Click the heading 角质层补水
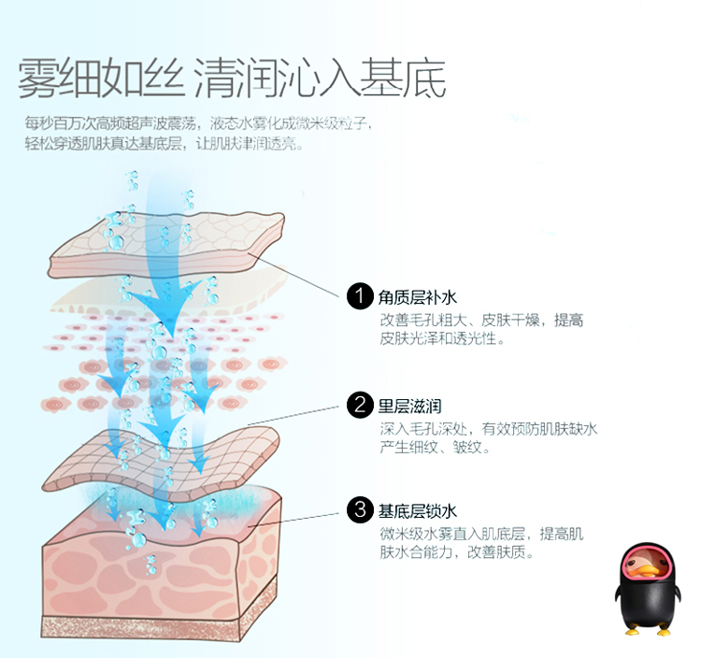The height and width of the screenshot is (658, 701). [x=417, y=298]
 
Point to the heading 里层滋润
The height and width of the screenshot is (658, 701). [x=409, y=406]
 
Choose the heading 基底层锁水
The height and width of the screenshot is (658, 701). [x=417, y=510]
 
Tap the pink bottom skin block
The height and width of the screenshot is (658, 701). [x=159, y=570]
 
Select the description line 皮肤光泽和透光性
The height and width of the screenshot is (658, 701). [x=441, y=339]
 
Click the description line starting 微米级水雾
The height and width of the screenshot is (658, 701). [x=481, y=534]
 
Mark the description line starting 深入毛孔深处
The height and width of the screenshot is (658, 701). [x=488, y=429]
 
